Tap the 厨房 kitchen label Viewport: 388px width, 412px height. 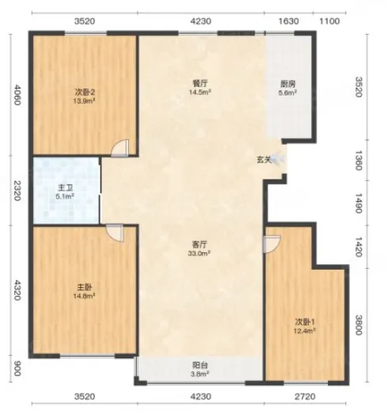pos(288,85)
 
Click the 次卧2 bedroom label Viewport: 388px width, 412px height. pos(85,93)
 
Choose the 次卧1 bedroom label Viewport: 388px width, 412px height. pos(305,322)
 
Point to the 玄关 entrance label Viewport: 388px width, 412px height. pos(264,160)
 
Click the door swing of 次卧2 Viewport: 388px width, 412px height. pos(120,148)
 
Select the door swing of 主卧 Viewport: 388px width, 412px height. pos(115,232)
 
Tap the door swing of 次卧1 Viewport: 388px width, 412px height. pos(272,244)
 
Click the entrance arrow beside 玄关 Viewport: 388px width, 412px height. pos(277,159)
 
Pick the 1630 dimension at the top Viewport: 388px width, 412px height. pos(288,21)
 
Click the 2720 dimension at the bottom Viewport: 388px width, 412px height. pos(305,396)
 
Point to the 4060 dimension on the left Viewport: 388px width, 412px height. pos(17,95)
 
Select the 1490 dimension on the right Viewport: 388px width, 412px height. pos(359,203)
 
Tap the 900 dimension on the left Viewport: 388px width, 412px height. pos(17,369)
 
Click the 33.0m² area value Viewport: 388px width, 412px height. pos(200,253)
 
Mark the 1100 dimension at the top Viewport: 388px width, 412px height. pos(330,21)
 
